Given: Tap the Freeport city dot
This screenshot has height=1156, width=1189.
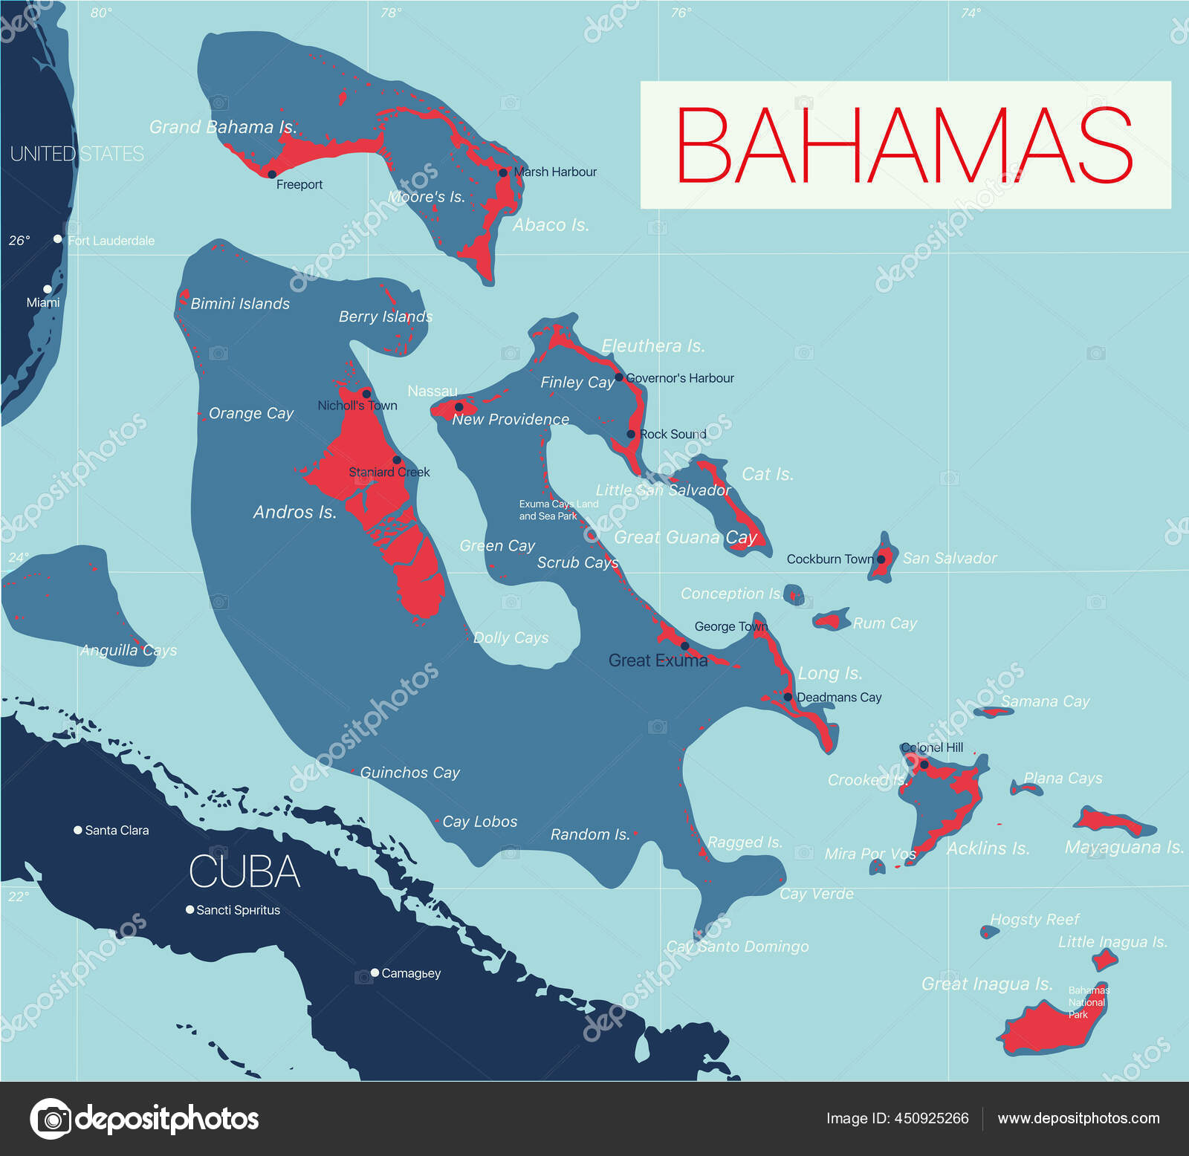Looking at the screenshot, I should click(272, 174).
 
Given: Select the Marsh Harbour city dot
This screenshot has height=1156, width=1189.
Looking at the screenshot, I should click(503, 172).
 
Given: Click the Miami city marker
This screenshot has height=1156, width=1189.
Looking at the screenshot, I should click(48, 289).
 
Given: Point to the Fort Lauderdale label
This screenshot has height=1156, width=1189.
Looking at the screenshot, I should click(111, 241).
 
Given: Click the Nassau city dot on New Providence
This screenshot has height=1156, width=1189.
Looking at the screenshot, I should click(459, 407).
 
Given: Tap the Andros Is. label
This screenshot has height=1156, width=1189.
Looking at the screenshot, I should click(295, 512).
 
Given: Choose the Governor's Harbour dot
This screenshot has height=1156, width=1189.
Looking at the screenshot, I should click(619, 377).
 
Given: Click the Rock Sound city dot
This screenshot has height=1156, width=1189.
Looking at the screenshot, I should click(631, 434).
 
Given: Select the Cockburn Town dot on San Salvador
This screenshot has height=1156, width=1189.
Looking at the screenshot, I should click(881, 559).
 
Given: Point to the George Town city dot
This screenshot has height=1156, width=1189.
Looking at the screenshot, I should click(685, 646).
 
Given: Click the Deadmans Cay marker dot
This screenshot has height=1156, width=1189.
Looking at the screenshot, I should click(788, 697).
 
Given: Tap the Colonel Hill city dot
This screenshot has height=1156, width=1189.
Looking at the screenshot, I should click(924, 764).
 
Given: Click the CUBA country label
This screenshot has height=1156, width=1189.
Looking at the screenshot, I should click(244, 871).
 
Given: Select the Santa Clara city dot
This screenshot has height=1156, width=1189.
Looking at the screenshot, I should click(77, 830).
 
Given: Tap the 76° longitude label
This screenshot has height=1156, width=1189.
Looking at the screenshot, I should click(681, 13).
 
